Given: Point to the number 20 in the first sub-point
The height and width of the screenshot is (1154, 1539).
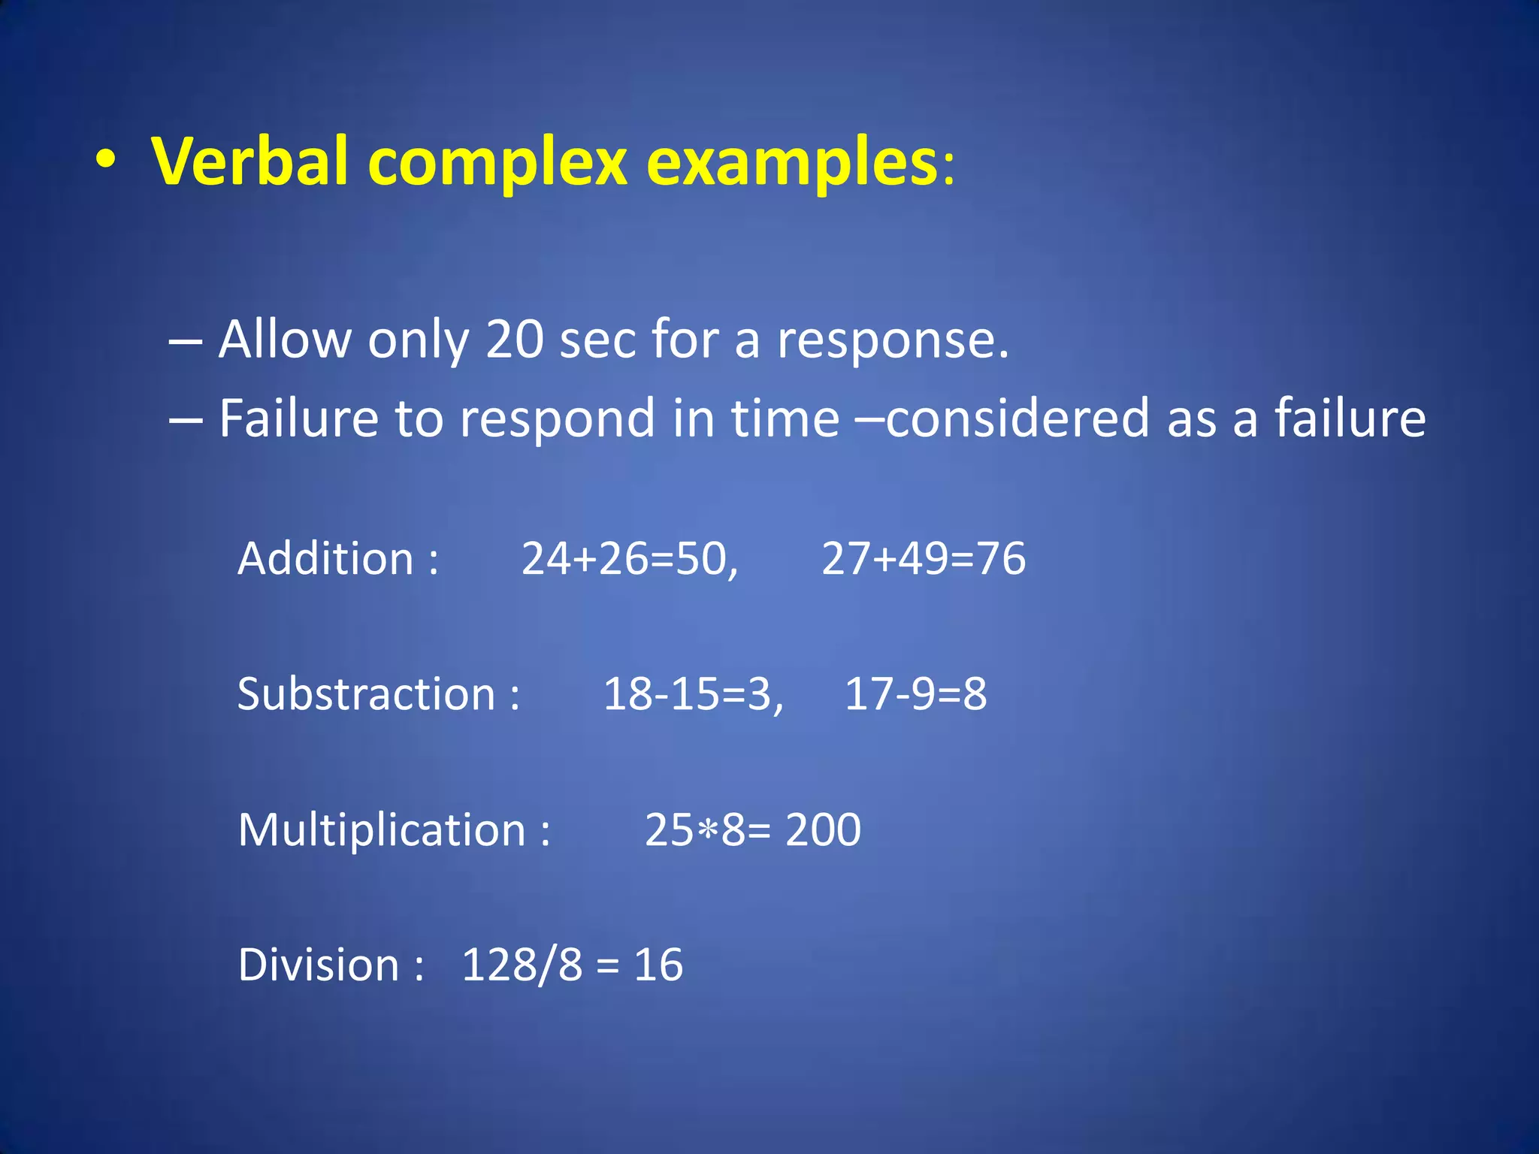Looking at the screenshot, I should click(x=515, y=340).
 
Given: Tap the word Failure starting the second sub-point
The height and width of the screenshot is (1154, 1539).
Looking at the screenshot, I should click(x=298, y=418).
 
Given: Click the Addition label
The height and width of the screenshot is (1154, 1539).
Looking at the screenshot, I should click(x=326, y=559).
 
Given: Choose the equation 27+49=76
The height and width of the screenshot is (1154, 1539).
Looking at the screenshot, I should click(x=923, y=559).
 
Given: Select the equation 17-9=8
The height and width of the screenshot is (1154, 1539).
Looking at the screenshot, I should click(x=915, y=694).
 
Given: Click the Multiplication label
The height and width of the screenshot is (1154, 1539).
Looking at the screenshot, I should click(x=382, y=831).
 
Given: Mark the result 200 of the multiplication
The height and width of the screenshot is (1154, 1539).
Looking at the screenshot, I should click(x=823, y=830).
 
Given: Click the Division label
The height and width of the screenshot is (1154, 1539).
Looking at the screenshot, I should click(x=319, y=965).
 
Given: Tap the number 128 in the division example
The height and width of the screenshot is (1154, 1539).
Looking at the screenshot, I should click(x=497, y=965).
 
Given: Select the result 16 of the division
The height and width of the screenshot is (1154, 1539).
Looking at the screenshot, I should click(x=658, y=965).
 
